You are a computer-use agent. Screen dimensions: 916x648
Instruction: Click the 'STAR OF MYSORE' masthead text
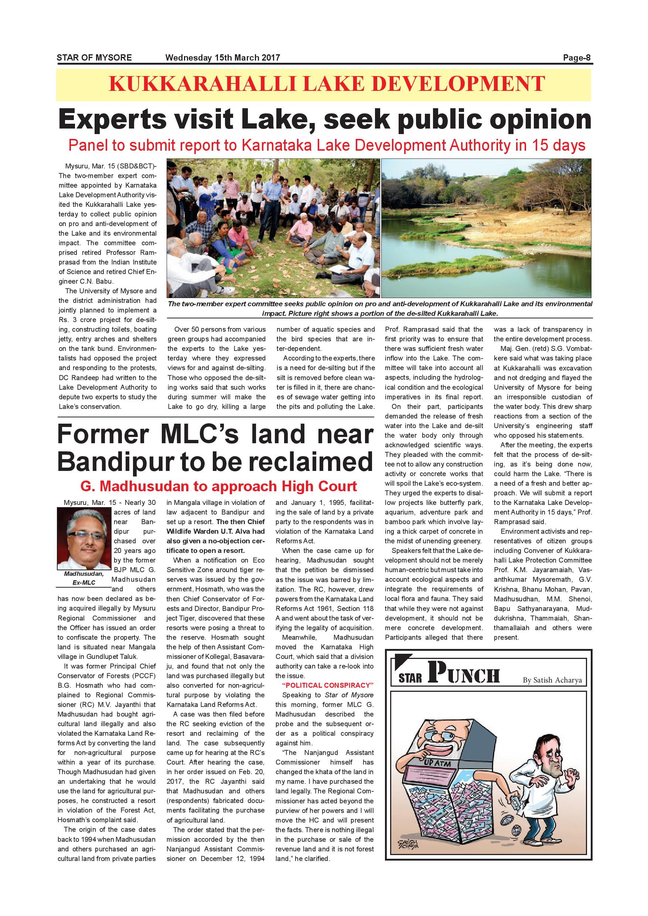click(x=94, y=58)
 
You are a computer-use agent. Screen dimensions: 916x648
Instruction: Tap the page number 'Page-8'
click(x=577, y=58)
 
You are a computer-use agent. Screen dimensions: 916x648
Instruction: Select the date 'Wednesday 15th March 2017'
click(x=223, y=58)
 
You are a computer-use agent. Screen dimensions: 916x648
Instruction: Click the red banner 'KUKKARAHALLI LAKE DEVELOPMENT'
click(x=326, y=84)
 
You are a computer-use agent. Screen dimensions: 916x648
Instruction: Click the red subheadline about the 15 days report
click(x=326, y=145)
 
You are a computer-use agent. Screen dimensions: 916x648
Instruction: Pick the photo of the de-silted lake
click(x=486, y=228)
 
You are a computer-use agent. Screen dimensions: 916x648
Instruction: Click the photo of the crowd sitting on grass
click(x=273, y=228)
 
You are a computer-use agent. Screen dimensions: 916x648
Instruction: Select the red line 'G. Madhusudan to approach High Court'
click(x=219, y=486)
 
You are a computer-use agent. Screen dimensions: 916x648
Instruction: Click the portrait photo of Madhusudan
click(x=84, y=539)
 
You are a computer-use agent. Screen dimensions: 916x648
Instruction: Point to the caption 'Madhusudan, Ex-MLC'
click(x=84, y=578)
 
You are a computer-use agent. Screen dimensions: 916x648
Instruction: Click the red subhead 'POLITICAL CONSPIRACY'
click(x=328, y=686)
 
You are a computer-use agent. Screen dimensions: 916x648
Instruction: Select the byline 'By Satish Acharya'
click(x=552, y=680)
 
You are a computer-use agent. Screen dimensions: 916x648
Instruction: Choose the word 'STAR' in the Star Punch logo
click(x=410, y=678)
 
